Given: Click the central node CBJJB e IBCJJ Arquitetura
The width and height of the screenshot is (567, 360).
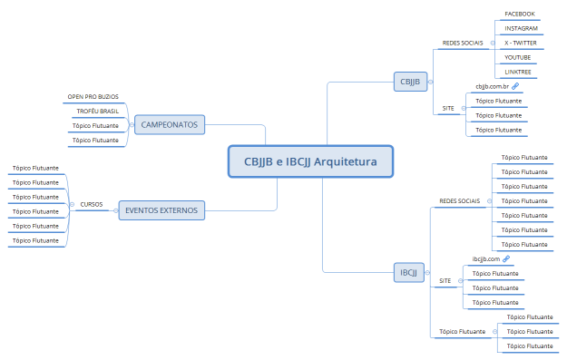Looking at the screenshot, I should click(x=309, y=161).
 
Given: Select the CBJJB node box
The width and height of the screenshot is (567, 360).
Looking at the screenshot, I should click(x=410, y=82).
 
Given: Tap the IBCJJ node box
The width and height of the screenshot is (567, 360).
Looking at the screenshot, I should click(x=409, y=272).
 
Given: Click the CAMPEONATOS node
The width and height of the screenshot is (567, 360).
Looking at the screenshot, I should click(x=170, y=124).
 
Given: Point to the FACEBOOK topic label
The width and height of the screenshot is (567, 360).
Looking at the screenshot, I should click(x=520, y=15).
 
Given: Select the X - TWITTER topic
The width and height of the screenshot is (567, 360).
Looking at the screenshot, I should click(x=521, y=44).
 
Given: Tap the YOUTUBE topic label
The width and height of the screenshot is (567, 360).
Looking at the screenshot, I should click(x=518, y=57).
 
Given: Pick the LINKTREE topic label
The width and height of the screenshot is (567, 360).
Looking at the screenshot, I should click(x=518, y=72).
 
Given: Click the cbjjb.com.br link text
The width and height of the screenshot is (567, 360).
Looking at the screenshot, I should click(x=493, y=86).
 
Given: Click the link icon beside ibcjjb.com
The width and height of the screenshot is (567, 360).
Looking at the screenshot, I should click(x=507, y=258).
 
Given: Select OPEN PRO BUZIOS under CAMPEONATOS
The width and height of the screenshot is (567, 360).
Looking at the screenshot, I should click(x=93, y=96).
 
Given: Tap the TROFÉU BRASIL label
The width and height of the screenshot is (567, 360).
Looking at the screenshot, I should click(x=97, y=111).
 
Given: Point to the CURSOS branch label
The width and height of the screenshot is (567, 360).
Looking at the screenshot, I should click(x=91, y=204).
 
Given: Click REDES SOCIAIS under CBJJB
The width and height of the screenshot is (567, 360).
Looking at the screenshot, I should click(x=462, y=43).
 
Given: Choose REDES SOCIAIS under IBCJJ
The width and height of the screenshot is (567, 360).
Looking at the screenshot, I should click(x=459, y=200).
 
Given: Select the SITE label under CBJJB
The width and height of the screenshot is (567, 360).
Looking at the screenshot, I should click(x=448, y=108).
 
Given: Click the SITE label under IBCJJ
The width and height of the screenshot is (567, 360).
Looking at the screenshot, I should click(x=445, y=280).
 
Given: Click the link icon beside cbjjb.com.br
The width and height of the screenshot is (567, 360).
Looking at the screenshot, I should click(x=515, y=86).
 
